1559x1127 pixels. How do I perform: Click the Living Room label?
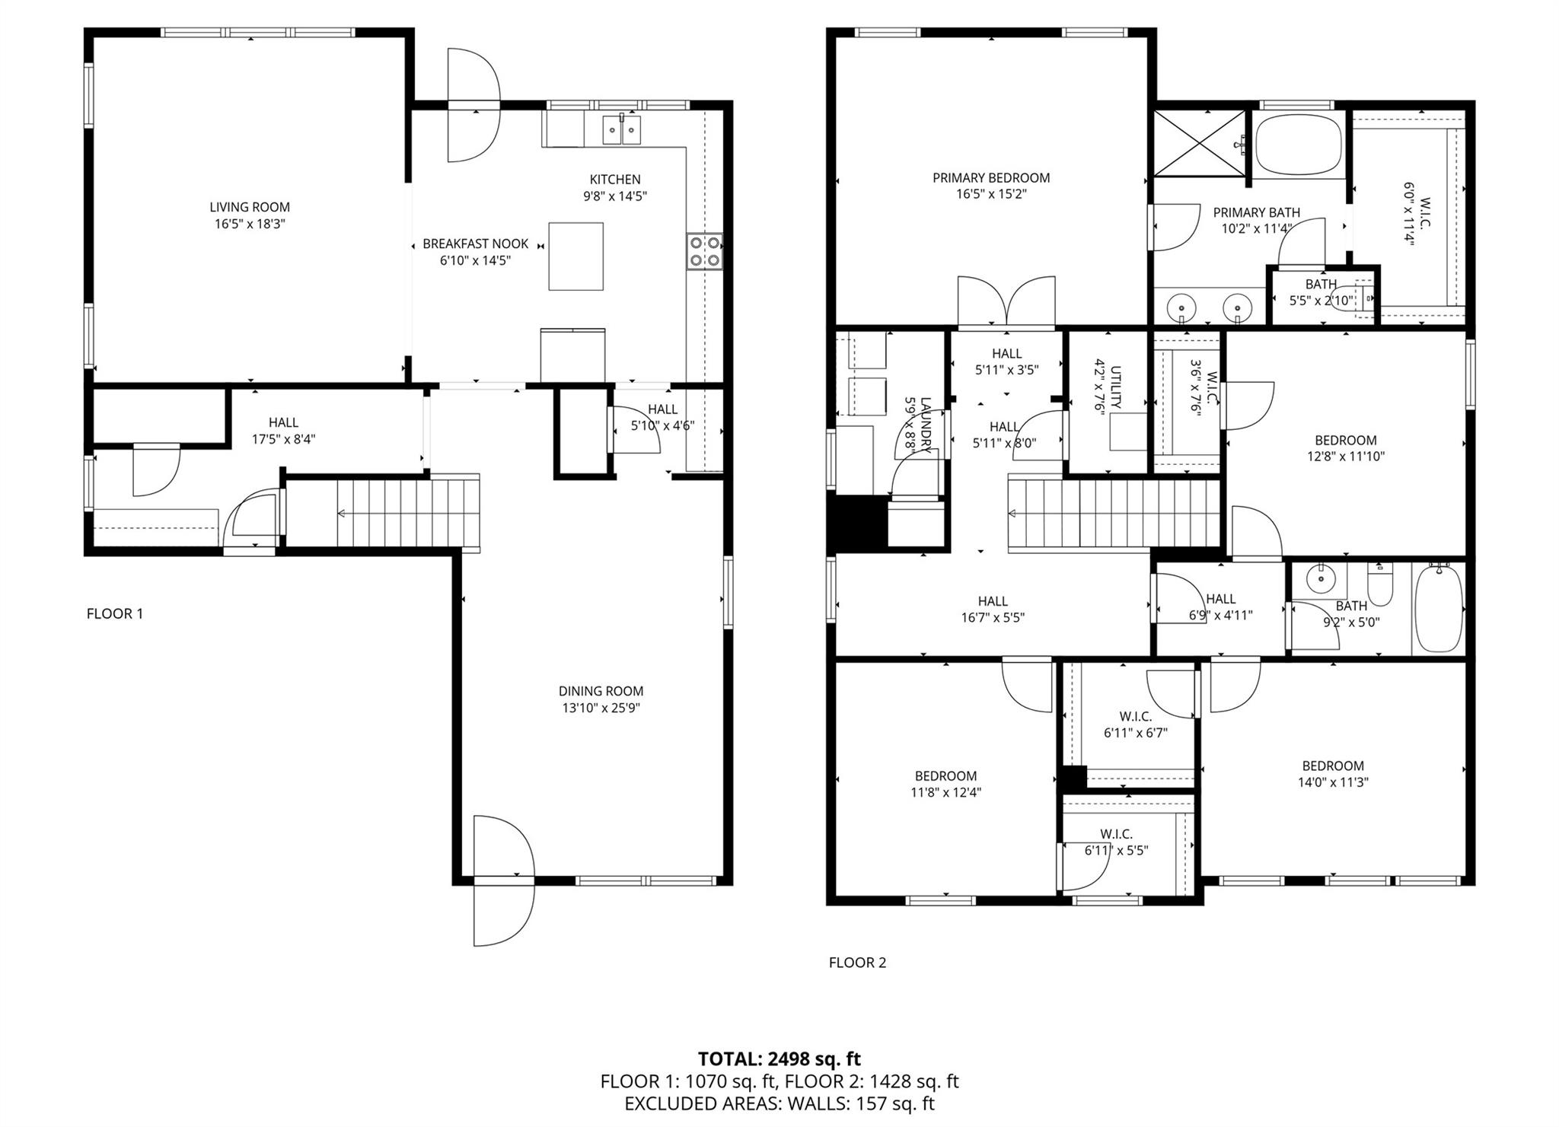(250, 207)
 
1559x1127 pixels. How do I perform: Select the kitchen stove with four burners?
(704, 252)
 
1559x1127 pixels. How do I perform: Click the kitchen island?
(576, 256)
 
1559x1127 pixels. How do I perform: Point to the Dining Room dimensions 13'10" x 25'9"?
(601, 708)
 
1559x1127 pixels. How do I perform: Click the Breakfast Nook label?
(476, 244)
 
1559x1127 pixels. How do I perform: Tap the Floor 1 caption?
(115, 613)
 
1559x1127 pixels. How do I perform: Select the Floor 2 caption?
(858, 963)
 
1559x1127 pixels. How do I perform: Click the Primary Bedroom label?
(991, 178)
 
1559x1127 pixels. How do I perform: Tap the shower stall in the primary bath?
(1200, 143)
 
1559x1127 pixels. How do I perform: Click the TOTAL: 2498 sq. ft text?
(779, 1059)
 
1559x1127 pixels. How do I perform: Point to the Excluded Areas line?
(779, 1103)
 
